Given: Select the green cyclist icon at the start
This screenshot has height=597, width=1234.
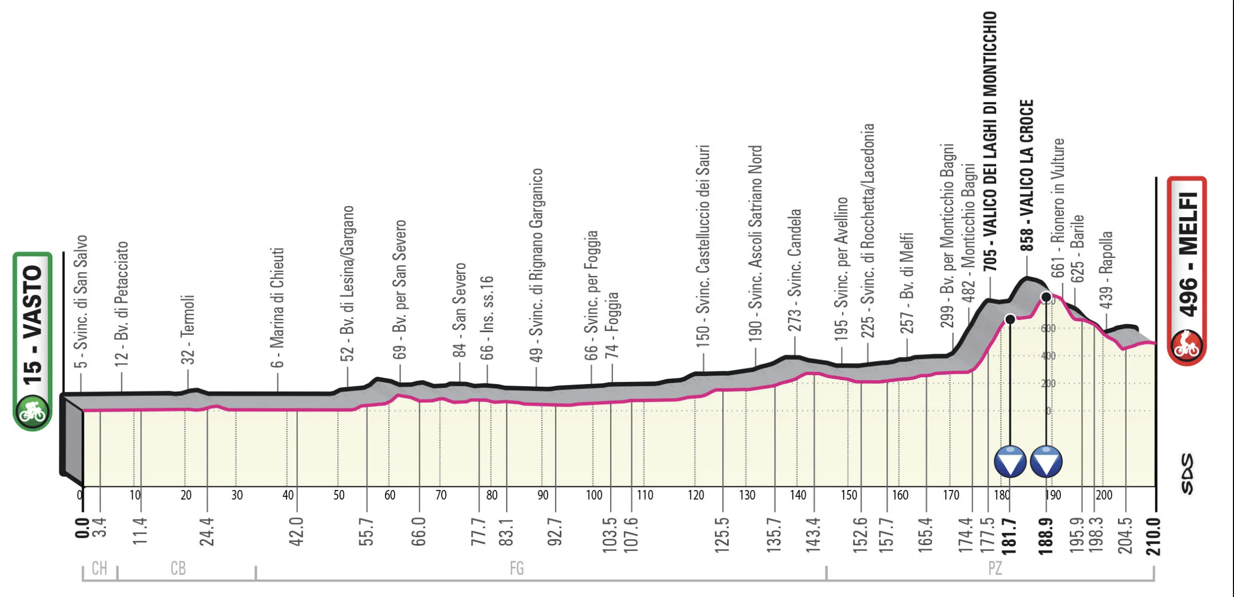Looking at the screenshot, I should tap(32, 411).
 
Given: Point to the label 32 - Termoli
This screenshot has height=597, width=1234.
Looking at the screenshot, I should tap(188, 329).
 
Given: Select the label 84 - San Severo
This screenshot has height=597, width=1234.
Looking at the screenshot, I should tap(459, 310).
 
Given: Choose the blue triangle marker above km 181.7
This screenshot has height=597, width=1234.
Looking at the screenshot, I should tap(1010, 462).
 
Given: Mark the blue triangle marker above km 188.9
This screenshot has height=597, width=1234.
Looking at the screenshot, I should tap(1046, 462).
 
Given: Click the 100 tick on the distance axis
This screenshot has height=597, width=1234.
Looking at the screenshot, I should tap(593, 495).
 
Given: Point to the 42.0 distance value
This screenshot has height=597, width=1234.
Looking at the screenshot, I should tap(296, 531).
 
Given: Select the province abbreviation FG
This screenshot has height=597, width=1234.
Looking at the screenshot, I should tap(516, 568).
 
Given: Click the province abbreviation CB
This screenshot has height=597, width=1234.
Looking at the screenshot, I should tap(178, 568).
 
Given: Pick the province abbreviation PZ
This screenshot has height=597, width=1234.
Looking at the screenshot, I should tap(994, 568).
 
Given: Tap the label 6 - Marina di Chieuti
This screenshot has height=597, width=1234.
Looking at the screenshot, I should tap(277, 307).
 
